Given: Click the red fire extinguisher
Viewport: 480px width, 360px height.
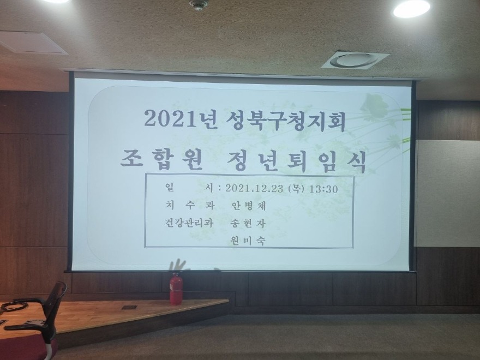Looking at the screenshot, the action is pos(176,289).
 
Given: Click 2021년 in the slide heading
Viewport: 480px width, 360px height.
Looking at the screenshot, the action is pos(181,119).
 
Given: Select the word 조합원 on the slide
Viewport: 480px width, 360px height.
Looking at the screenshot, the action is pos(161,160).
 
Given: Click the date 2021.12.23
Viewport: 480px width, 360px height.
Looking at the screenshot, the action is pos(254,189).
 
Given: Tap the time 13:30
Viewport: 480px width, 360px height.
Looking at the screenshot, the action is pos(323,189).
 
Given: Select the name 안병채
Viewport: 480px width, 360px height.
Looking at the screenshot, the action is pos(248,206).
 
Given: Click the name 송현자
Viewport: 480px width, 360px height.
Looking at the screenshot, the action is pos(248,224).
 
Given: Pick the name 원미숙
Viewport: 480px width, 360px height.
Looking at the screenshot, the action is pos(248,241).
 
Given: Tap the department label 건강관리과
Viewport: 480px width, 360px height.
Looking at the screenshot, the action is pos(189,223).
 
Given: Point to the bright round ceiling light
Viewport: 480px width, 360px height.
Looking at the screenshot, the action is pos(411,9).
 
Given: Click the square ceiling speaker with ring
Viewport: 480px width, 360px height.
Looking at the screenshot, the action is pos(355,59).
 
